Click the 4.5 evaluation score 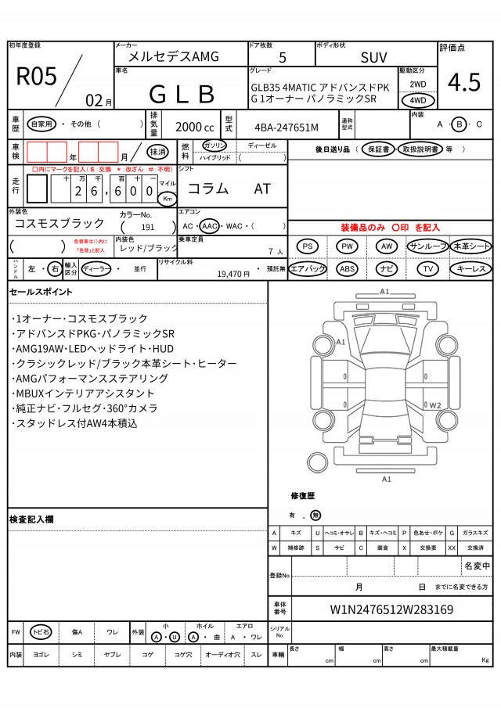(464, 81)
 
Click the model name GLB (182, 94)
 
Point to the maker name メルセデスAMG (174, 56)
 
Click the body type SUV (373, 57)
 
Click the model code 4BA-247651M (287, 127)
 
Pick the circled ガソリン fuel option (214, 146)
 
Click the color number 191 (147, 226)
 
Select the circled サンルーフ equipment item (427, 246)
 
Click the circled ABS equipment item (348, 268)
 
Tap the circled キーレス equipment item (470, 268)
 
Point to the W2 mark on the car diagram (436, 405)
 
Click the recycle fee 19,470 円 (232, 274)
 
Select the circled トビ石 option (41, 632)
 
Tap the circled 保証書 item (378, 149)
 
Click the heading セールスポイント (41, 292)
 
